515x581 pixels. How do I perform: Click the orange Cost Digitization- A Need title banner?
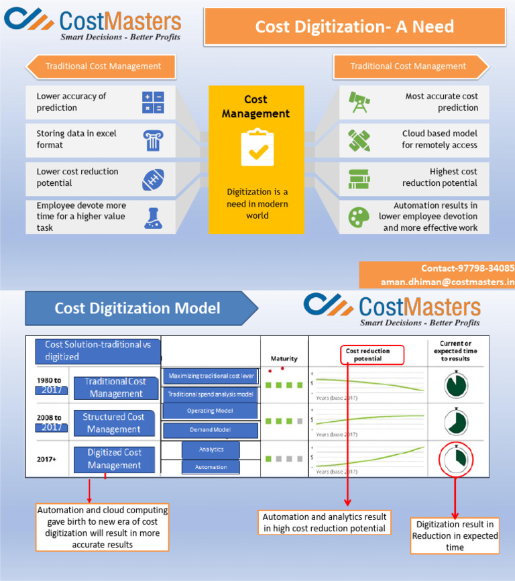click(355, 27)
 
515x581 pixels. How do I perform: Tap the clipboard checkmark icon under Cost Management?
click(257, 148)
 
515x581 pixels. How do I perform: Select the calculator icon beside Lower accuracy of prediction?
click(153, 103)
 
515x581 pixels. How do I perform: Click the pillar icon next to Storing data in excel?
click(153, 140)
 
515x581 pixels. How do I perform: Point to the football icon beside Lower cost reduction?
click(153, 179)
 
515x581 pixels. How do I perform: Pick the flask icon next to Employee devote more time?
click(153, 217)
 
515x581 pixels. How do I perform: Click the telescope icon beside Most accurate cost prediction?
click(359, 103)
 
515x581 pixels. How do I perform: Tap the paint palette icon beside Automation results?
click(359, 217)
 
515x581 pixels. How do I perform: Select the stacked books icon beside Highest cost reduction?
click(359, 179)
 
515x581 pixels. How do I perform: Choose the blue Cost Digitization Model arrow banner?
click(137, 309)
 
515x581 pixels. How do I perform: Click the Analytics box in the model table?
click(211, 450)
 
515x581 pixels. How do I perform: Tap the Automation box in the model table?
click(211, 467)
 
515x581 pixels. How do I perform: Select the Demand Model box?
click(210, 430)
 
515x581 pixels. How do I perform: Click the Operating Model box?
click(210, 411)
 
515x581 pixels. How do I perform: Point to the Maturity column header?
click(284, 358)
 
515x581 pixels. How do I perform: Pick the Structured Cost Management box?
click(113, 423)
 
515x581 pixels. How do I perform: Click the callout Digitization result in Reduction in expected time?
click(455, 536)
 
